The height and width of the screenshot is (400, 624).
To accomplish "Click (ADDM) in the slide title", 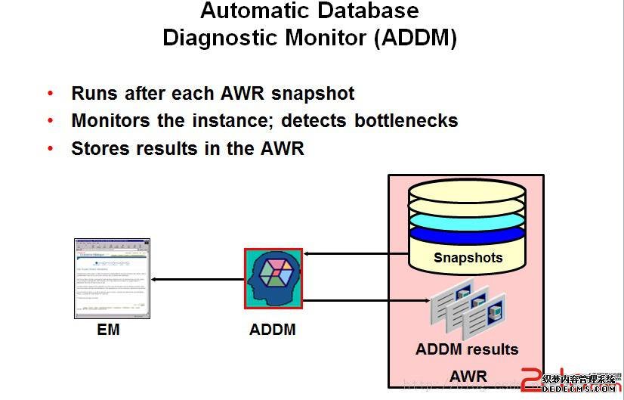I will pyautogui.click(x=415, y=38).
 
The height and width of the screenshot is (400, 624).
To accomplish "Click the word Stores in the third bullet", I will pyautogui.click(x=99, y=148).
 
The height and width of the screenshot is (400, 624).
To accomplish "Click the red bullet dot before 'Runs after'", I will pyautogui.click(x=51, y=94).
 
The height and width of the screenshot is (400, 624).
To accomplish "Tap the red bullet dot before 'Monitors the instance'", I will pyautogui.click(x=51, y=121).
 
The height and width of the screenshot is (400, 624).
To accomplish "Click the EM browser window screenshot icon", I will pyautogui.click(x=112, y=279).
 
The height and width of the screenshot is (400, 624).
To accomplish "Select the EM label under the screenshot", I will pyautogui.click(x=108, y=330).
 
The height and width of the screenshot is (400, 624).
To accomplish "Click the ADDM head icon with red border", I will pyautogui.click(x=273, y=278).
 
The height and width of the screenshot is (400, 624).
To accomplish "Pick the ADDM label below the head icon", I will pyautogui.click(x=273, y=330).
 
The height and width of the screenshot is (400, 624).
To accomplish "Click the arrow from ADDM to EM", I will pyautogui.click(x=196, y=280).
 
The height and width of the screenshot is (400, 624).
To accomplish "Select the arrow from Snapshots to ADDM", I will pyautogui.click(x=355, y=254).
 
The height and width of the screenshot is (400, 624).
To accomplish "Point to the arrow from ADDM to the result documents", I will pyautogui.click(x=363, y=301).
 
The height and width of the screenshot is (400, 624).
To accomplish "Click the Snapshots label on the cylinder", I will pyautogui.click(x=468, y=258).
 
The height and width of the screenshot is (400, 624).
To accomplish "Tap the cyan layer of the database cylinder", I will pyautogui.click(x=466, y=220).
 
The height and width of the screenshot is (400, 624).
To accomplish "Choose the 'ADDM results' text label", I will pyautogui.click(x=467, y=349).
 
